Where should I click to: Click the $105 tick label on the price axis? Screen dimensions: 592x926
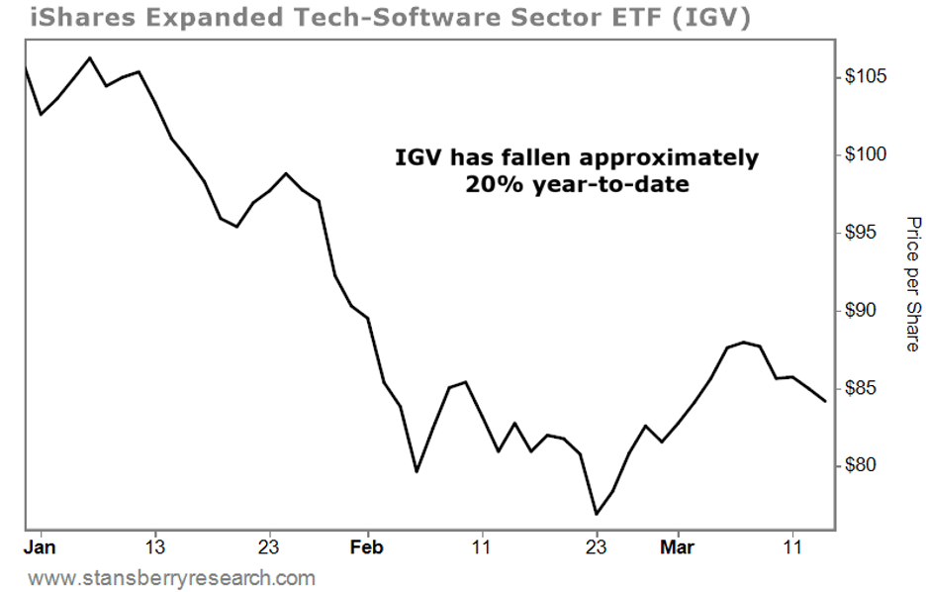[867, 77]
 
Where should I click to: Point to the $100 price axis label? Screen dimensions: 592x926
[867, 155]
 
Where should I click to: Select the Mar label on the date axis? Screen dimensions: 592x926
[678, 546]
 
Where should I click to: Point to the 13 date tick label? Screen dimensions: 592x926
[154, 546]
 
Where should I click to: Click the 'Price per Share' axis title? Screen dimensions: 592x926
[913, 284]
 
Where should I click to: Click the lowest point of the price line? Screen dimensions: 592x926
[597, 514]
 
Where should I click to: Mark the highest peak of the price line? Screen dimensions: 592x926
[90, 57]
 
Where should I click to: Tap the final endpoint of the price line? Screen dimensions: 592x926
[826, 401]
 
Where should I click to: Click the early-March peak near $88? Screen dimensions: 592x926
[744, 342]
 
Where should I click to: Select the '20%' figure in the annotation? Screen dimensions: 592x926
[492, 183]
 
